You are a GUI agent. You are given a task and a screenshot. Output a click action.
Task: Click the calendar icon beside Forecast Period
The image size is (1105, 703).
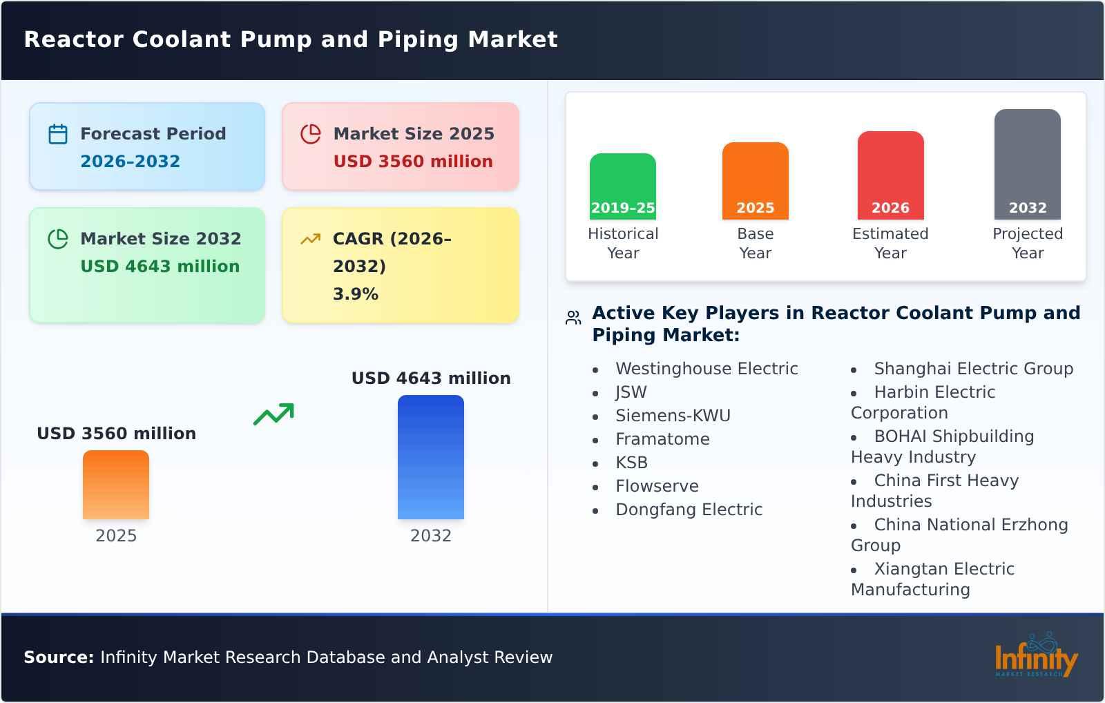point(58,134)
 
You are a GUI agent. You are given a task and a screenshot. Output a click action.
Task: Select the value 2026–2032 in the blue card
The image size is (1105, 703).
point(130,162)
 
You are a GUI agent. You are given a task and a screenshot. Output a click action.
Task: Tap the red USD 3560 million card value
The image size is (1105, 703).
point(413,162)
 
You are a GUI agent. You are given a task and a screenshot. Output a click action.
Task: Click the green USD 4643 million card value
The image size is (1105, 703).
point(160,267)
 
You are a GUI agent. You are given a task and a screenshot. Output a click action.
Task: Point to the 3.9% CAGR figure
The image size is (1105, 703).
point(355,294)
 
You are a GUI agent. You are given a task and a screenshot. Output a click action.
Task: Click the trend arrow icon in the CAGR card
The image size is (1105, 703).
point(310,239)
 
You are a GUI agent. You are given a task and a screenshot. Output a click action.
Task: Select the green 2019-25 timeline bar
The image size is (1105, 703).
point(622,186)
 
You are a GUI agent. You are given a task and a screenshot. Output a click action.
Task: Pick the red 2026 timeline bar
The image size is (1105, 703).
point(890,175)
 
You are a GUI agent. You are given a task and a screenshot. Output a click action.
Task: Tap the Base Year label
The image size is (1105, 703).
point(755,243)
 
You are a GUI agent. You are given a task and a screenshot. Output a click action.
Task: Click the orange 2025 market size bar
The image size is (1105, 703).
point(116,485)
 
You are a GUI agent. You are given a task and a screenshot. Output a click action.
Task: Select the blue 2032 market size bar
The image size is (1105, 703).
point(430,457)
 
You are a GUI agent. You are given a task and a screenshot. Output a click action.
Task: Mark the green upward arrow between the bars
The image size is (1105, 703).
point(273,414)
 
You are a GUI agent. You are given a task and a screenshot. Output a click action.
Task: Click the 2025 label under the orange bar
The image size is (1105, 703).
point(116,536)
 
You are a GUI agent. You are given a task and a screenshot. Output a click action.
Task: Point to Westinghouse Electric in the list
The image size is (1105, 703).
point(707,369)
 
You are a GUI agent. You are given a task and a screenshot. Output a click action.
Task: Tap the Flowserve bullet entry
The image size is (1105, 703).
point(657,486)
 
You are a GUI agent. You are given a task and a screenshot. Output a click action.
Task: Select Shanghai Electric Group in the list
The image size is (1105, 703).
point(973,369)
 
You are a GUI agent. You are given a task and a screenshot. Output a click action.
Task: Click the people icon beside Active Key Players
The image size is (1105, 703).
point(573,318)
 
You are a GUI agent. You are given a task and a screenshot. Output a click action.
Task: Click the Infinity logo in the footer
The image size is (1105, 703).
point(1035,656)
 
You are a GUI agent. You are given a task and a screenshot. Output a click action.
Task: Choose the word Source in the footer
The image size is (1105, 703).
point(58,657)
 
